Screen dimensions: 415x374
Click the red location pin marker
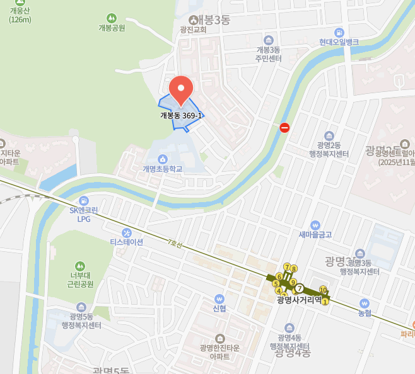[x=182, y=89]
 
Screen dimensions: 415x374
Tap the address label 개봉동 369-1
[x=181, y=115]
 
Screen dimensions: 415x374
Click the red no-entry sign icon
[x=284, y=128]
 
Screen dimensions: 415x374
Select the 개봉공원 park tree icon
[x=112, y=18]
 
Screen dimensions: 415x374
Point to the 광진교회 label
[x=193, y=29]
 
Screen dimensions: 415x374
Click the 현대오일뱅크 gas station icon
[x=339, y=32]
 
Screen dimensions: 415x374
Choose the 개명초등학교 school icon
[x=163, y=159]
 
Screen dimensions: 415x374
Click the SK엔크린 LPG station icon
[x=85, y=200]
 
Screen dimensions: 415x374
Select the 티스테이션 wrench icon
[x=127, y=232]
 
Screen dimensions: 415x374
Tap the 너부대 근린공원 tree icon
[x=80, y=266]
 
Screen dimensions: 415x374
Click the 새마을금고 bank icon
[x=315, y=225]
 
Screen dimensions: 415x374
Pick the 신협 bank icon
[x=219, y=298]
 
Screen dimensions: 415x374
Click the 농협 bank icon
[x=364, y=302]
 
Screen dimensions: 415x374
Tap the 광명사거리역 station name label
[x=299, y=300]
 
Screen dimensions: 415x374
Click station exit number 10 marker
[x=323, y=290]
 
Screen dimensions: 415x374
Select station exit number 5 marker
[x=276, y=283]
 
